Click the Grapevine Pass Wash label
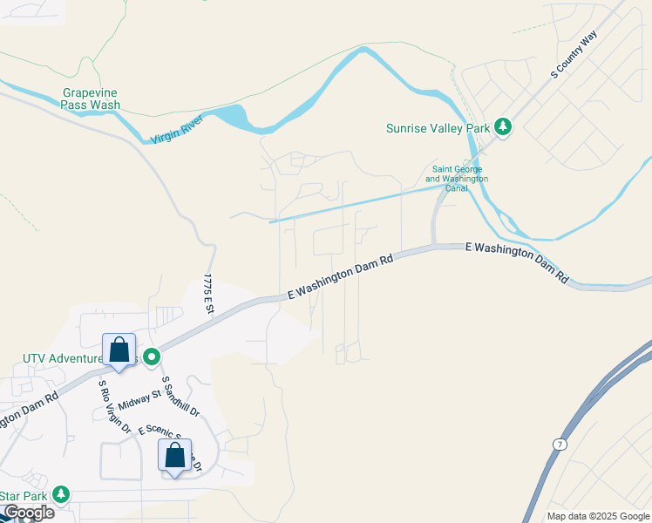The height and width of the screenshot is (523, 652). (91, 98)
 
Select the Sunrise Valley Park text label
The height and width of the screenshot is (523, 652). (438, 128)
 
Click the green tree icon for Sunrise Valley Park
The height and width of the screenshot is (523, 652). (502, 127)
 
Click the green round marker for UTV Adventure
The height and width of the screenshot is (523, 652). (152, 357)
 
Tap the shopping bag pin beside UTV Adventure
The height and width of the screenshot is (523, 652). (119, 350)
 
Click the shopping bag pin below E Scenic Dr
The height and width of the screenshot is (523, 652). (174, 456)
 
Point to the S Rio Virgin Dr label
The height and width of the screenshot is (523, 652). (114, 407)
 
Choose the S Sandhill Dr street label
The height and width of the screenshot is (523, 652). (181, 397)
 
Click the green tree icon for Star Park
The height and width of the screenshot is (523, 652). (60, 495)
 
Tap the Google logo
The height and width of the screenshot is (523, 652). (28, 513)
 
